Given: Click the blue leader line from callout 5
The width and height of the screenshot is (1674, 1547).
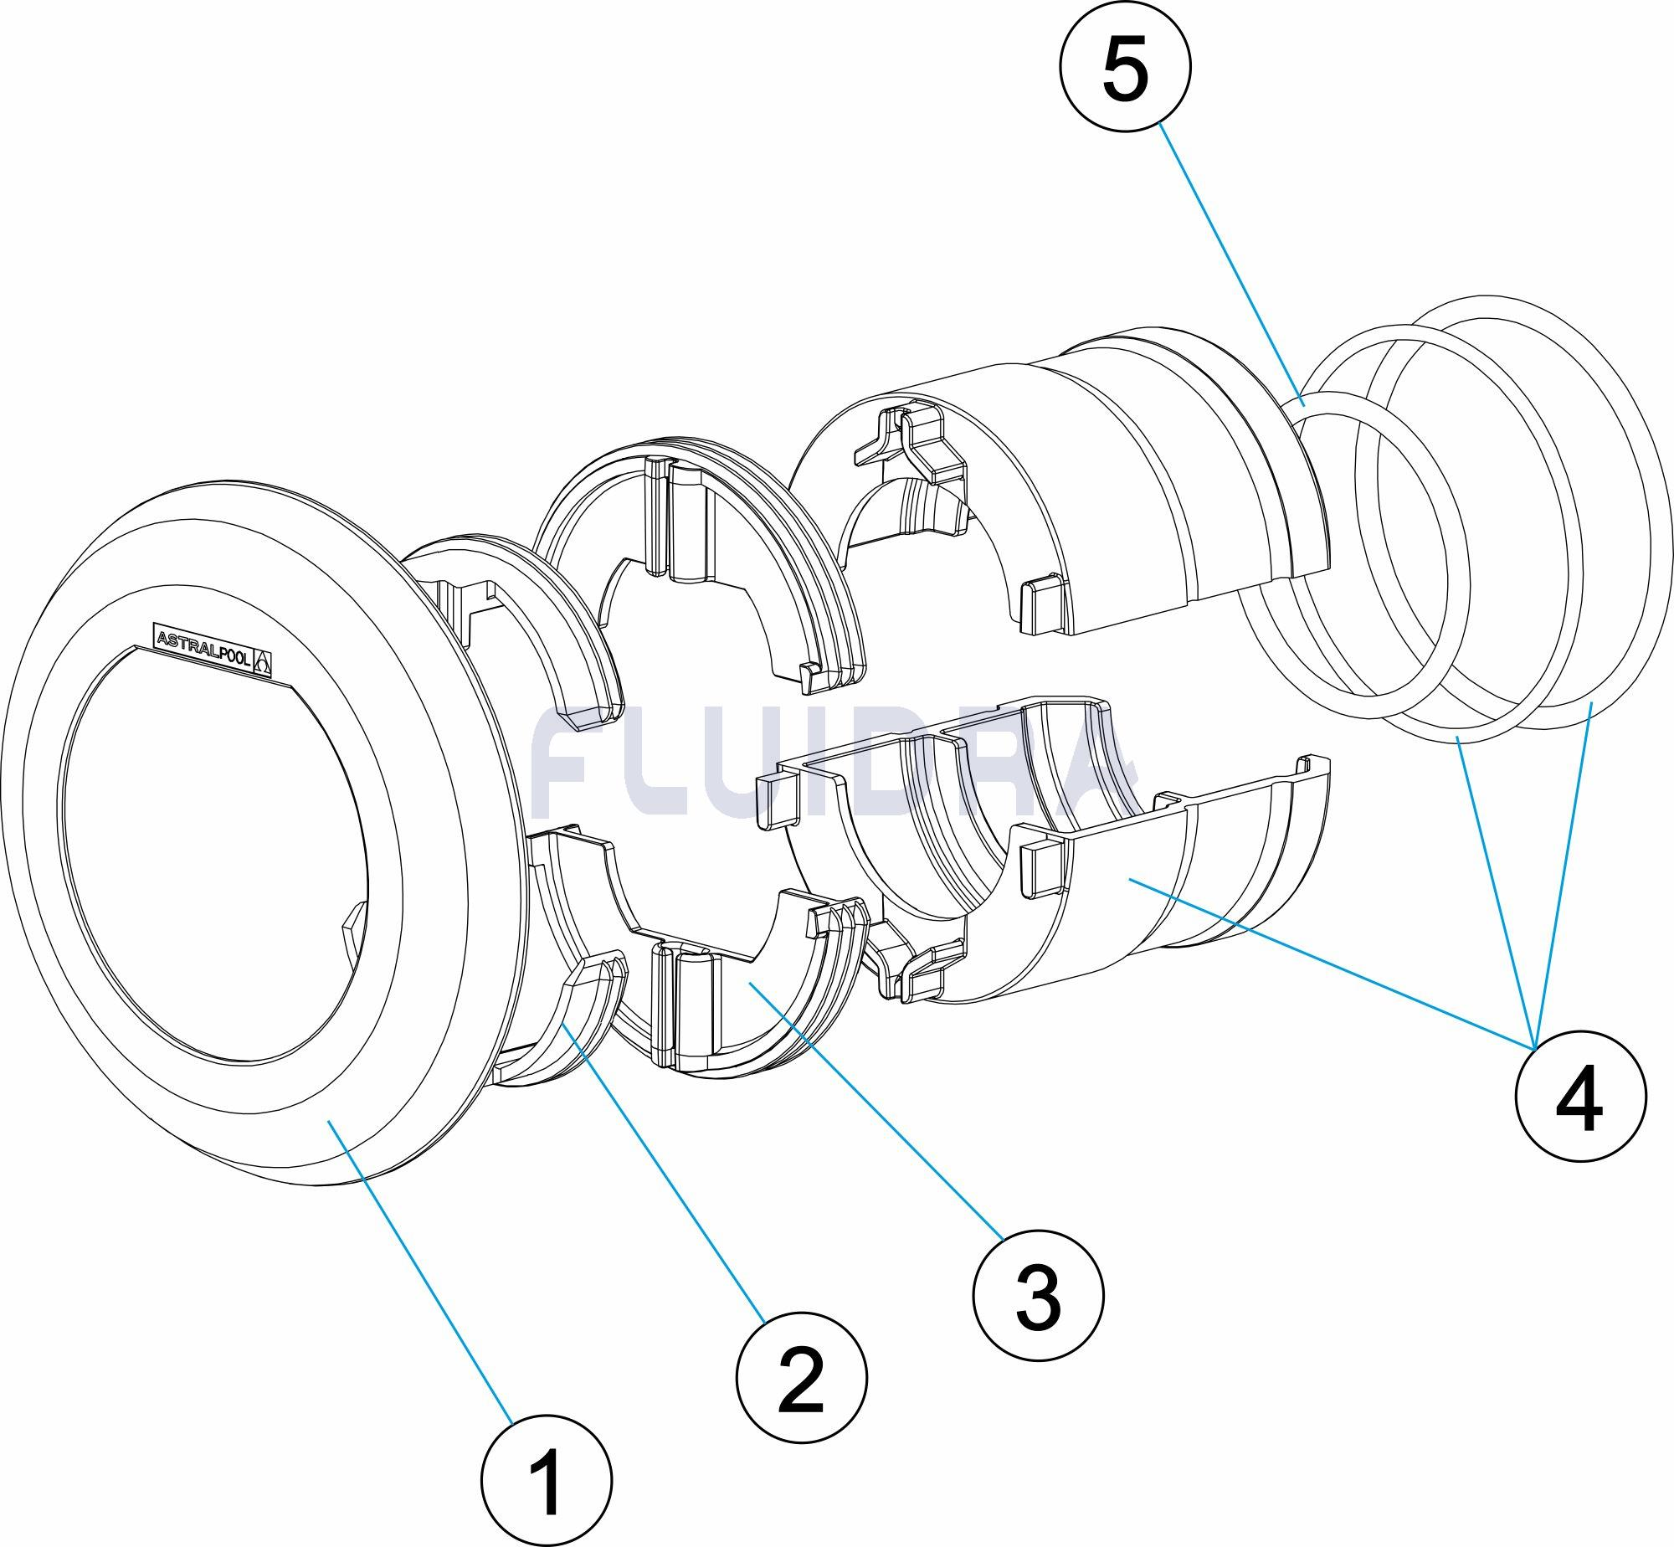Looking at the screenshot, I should tap(1230, 260).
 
